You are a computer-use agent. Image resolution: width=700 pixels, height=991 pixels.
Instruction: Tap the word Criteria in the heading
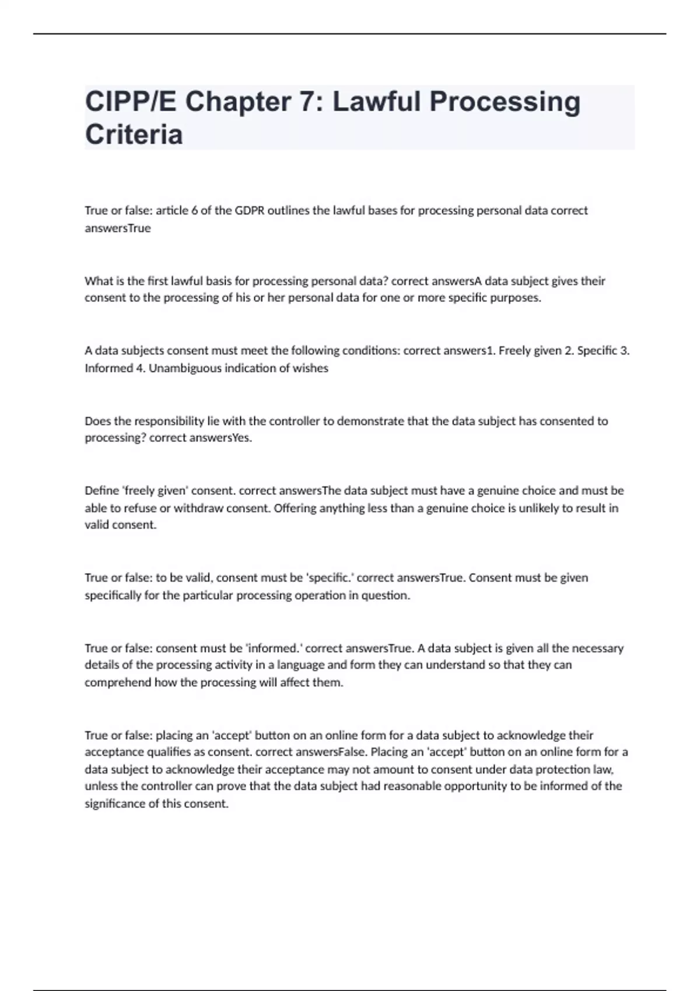pyautogui.click(x=134, y=135)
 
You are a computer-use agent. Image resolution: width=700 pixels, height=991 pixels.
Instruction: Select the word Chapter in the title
pyautogui.click(x=239, y=102)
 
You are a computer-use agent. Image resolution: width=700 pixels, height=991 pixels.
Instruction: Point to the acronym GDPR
pyautogui.click(x=250, y=210)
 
